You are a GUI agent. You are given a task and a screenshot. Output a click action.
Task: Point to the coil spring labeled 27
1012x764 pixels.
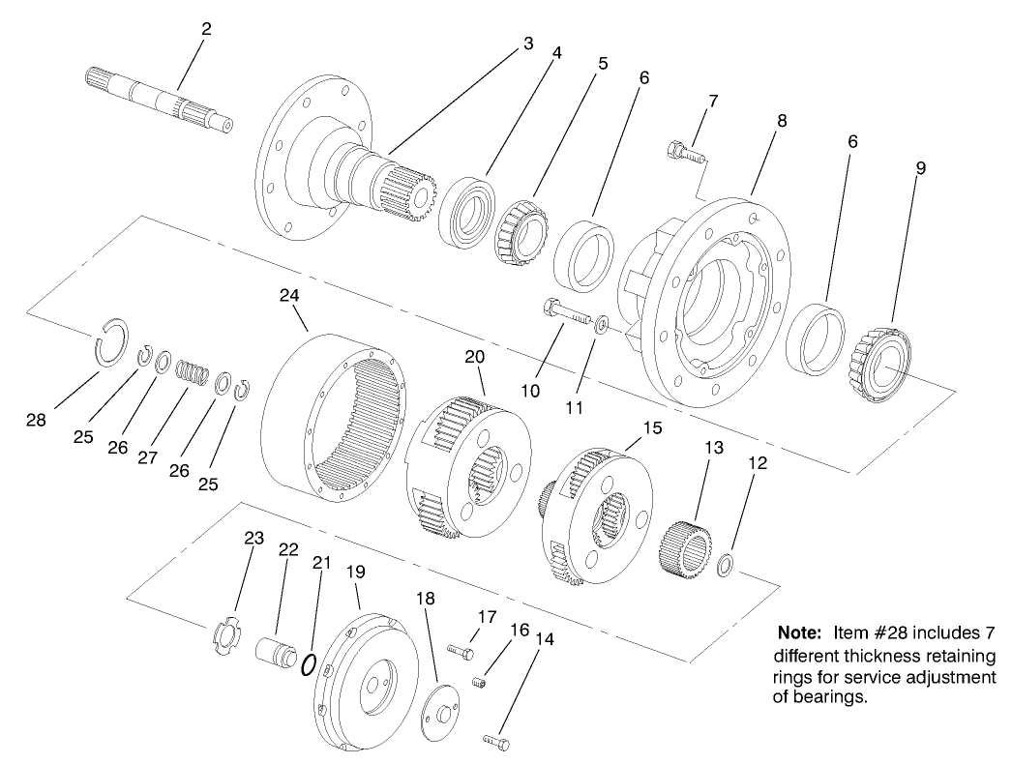click(193, 370)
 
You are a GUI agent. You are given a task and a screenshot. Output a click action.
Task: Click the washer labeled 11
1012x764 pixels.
click(602, 323)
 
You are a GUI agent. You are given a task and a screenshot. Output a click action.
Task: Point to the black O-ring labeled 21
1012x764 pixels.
click(309, 665)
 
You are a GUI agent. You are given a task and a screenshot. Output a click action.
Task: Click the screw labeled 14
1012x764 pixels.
click(495, 741)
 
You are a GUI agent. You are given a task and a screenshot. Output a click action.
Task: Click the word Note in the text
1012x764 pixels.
click(800, 633)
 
